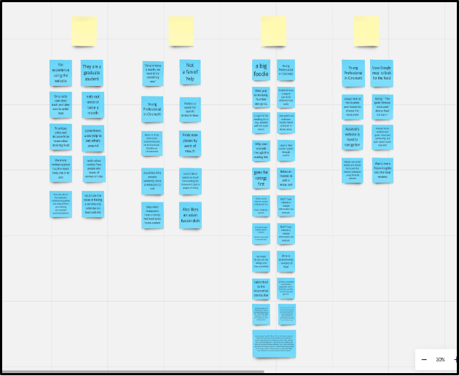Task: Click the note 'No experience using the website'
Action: pos(61,74)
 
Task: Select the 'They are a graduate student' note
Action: pos(93,74)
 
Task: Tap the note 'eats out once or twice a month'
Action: pos(93,105)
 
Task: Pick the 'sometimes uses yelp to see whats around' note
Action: pos(93,138)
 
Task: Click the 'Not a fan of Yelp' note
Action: pos(190,74)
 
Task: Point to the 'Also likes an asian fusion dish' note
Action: pos(190,216)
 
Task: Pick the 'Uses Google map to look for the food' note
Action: pos(382,74)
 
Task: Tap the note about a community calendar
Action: pos(93,205)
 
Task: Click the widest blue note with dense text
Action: pos(274,343)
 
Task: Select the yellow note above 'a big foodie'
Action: pos(273,32)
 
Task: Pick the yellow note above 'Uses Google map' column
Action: pos(366,32)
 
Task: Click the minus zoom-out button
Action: pos(424,359)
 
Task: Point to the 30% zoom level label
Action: pos(440,359)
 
